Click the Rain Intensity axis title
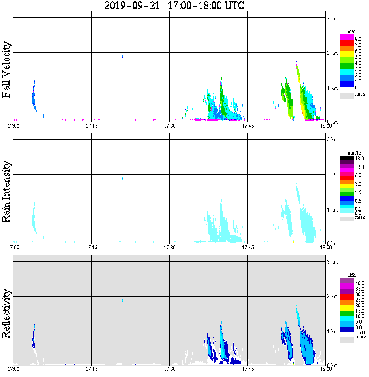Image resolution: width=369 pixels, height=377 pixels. (7, 192)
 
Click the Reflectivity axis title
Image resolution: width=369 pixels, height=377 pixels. (7, 314)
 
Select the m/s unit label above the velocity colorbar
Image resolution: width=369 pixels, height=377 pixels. (352, 32)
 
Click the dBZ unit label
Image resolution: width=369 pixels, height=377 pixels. (352, 275)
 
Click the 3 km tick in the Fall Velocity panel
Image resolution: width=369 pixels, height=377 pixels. (332, 18)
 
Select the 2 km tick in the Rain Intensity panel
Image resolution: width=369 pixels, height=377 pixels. (332, 174)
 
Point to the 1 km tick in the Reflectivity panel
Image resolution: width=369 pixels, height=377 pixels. (332, 332)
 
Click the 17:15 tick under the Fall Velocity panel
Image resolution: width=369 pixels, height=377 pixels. (91, 126)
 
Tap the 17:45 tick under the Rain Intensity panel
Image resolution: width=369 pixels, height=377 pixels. (247, 248)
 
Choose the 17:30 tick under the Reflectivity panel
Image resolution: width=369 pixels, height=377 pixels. (169, 369)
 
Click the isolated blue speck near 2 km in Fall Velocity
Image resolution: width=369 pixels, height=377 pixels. (123, 56)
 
